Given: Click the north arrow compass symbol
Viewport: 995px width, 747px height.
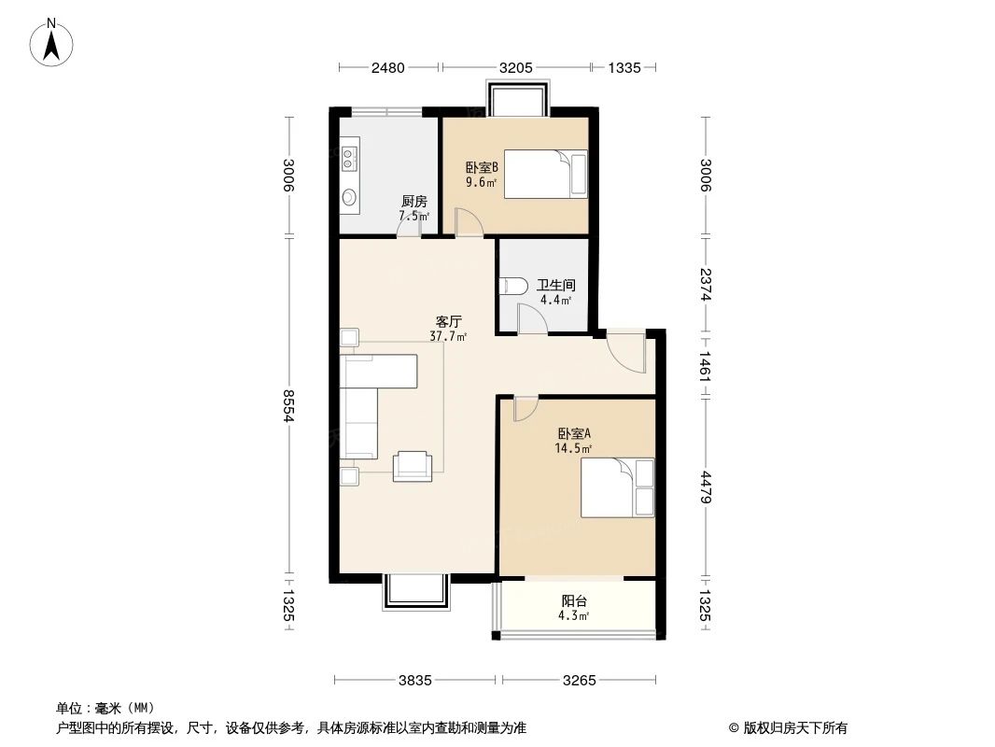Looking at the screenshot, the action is click(x=51, y=42).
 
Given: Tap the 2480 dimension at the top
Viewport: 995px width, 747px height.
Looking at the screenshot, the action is click(x=387, y=67).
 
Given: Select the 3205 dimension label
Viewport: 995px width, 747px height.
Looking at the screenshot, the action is click(x=516, y=67).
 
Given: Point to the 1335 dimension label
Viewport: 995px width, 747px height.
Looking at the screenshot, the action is click(x=624, y=67).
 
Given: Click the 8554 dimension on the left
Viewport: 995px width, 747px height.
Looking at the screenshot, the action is click(x=288, y=405).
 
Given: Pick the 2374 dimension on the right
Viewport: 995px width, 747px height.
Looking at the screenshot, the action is click(x=706, y=285).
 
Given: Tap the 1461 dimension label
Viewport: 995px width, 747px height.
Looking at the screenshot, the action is click(x=706, y=366).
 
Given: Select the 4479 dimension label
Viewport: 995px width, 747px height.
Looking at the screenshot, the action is click(x=706, y=487).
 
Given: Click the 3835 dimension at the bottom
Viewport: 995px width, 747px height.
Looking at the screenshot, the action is click(x=415, y=681).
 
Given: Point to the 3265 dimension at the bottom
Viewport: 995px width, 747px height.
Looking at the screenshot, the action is click(x=580, y=681).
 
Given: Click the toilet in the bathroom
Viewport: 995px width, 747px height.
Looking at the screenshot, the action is click(x=513, y=287).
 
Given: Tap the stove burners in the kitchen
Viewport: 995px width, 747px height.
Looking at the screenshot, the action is click(x=349, y=158).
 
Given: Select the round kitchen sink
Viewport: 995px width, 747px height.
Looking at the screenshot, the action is click(x=349, y=197).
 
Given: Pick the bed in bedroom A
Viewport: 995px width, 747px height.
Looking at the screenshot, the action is click(x=617, y=487).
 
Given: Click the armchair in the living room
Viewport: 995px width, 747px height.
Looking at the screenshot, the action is click(x=413, y=466).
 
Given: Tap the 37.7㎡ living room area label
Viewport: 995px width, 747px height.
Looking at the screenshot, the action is click(x=448, y=336).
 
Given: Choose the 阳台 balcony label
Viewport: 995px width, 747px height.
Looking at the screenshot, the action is click(x=574, y=600).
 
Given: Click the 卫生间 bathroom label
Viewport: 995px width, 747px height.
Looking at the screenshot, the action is click(x=556, y=286).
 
